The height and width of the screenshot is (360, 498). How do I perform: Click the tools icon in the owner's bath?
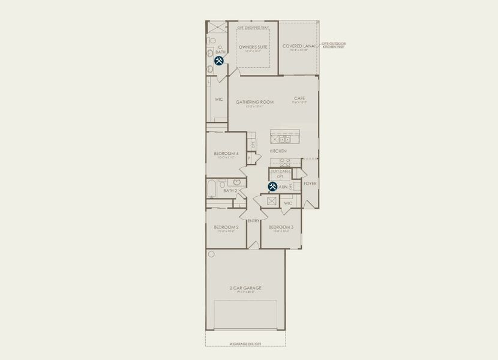(220, 61)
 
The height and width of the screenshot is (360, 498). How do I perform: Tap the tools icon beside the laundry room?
(272, 187)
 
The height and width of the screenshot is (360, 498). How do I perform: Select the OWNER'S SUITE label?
(253, 46)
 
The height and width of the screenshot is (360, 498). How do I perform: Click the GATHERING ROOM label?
(254, 102)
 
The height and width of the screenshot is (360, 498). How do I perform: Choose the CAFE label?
(300, 98)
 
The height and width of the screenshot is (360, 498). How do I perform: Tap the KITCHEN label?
(278, 151)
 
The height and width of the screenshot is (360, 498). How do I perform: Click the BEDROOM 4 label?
(226, 154)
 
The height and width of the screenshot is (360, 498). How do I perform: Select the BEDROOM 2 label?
(226, 227)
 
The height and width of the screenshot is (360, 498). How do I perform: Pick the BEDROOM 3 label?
(281, 227)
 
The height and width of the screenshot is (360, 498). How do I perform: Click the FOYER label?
(310, 184)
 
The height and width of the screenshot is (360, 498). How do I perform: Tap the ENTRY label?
(253, 221)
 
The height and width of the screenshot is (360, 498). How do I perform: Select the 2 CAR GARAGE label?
(245, 288)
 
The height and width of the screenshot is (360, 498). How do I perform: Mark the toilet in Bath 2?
(222, 182)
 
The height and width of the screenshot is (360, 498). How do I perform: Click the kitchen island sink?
(284, 139)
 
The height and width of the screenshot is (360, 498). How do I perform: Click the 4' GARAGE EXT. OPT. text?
(245, 344)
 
